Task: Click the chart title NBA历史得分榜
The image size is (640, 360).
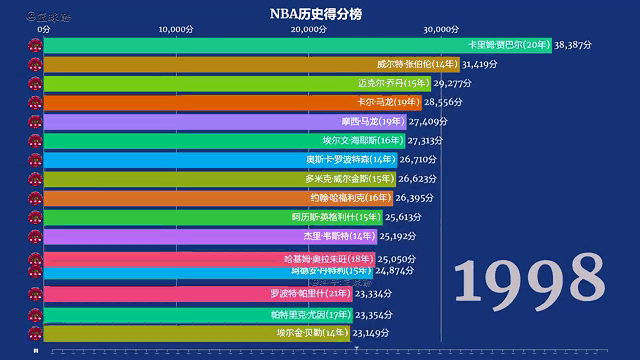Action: [319, 13]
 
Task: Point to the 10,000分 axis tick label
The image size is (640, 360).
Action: [176, 29]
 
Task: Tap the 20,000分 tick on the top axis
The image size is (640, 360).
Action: [308, 29]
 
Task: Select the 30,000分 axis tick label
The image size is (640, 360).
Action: [441, 29]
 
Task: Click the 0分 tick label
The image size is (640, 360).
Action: [44, 29]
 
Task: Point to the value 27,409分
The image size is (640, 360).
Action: [432, 121]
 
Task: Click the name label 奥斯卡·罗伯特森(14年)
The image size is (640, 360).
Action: [351, 159]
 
